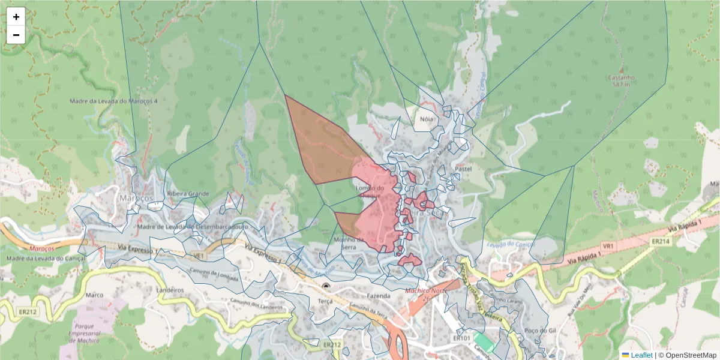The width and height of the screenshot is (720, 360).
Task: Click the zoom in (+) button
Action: pos(16,17)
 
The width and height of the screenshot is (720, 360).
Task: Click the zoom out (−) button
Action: pos(16,35)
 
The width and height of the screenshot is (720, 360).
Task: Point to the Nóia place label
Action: pos(426,119)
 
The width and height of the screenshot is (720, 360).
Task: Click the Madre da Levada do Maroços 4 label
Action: pos(113,101)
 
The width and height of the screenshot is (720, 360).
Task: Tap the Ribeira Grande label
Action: pos(188,194)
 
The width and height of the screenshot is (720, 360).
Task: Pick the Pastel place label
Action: pos(464,169)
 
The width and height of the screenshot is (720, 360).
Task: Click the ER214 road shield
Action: pos(660,241)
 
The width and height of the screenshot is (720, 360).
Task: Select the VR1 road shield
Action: pos(608,246)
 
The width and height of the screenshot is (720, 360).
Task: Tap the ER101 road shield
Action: pos(461,338)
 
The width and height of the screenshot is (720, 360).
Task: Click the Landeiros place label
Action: pos(170,289)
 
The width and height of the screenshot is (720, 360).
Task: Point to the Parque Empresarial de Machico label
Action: pos(88,334)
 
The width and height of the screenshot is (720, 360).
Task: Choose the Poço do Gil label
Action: pos(536,331)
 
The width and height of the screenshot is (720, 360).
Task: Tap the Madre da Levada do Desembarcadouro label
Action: pos(193,227)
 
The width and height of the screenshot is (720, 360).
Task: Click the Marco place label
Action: pos(95,295)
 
